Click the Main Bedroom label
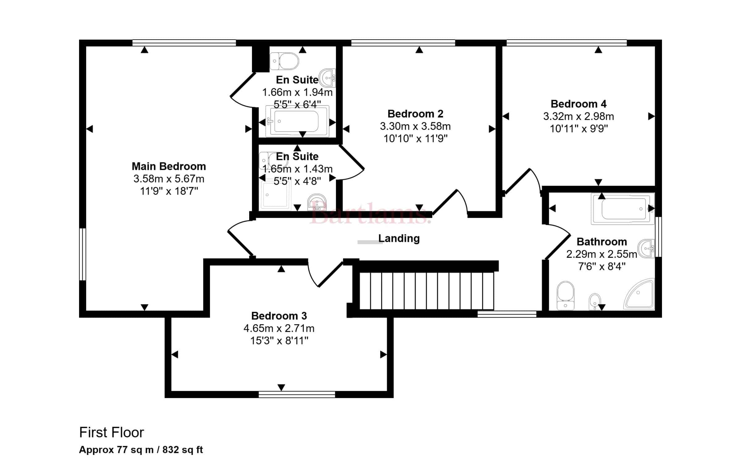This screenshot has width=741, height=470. pyautogui.click(x=169, y=166)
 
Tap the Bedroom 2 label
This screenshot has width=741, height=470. pyautogui.click(x=415, y=114)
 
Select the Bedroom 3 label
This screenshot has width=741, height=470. pyautogui.click(x=279, y=316)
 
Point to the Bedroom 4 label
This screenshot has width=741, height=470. pyautogui.click(x=579, y=104)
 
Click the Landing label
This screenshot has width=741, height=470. pyautogui.click(x=399, y=238)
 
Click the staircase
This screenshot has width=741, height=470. pyautogui.click(x=427, y=290)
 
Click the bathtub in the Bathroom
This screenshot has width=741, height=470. pyautogui.click(x=623, y=209)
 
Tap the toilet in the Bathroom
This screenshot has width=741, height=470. pyautogui.click(x=565, y=295)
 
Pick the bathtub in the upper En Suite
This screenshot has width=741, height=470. pyautogui.click(x=297, y=121)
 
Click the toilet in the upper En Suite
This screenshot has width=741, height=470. pyautogui.click(x=284, y=61)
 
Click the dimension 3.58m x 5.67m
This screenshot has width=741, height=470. pyautogui.click(x=169, y=179)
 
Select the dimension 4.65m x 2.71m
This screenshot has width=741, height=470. pyautogui.click(x=279, y=328)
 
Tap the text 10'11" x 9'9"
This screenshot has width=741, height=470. pyautogui.click(x=579, y=129)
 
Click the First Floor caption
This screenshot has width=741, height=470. pyautogui.click(x=111, y=432)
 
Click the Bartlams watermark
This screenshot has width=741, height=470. pyautogui.click(x=371, y=213)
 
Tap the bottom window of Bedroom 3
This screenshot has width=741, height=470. pyautogui.click(x=297, y=394)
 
